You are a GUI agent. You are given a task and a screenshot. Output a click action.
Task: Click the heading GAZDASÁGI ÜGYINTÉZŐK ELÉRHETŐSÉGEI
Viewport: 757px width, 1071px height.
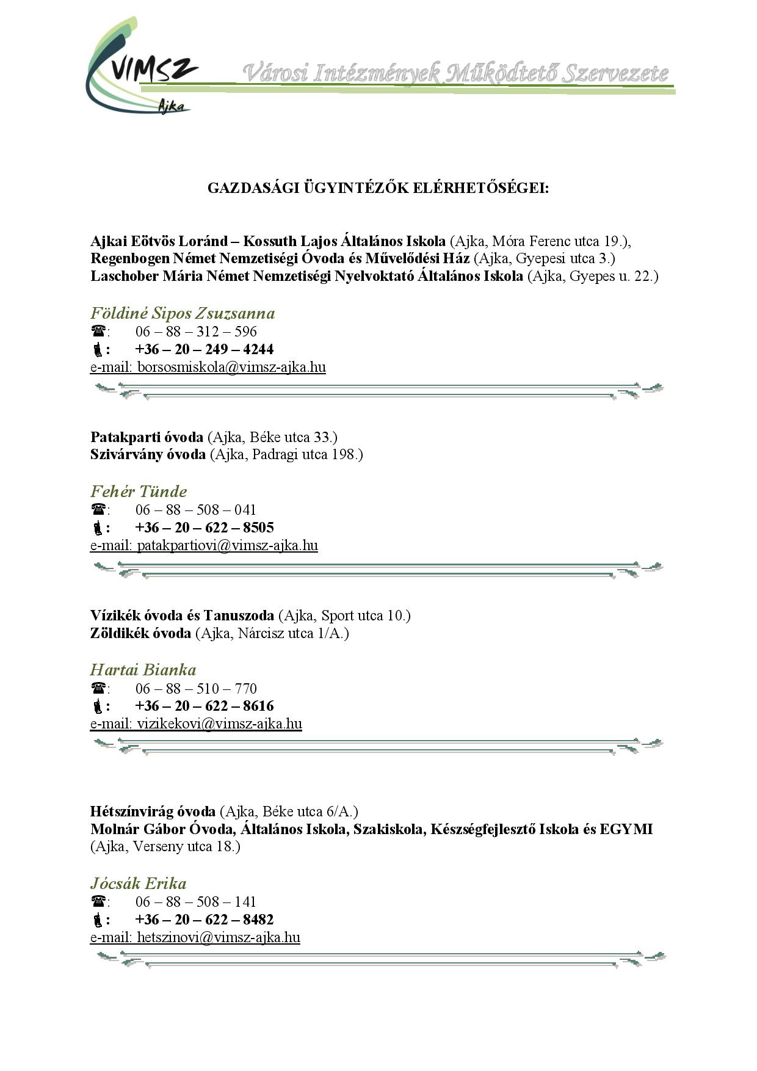click(x=378, y=187)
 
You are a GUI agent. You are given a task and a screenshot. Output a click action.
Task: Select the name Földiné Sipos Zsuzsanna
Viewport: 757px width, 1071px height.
click(x=183, y=313)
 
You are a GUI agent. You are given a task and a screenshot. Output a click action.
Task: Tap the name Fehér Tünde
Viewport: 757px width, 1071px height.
click(x=139, y=492)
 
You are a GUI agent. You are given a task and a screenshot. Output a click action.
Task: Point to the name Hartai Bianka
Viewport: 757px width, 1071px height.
click(x=143, y=670)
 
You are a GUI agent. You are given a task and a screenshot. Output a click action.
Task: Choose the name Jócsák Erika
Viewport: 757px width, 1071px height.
click(x=138, y=884)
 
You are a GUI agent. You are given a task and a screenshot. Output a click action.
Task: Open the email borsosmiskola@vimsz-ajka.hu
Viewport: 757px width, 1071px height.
click(x=231, y=368)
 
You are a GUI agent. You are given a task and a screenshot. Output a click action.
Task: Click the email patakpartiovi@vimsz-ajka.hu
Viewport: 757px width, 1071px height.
click(x=227, y=546)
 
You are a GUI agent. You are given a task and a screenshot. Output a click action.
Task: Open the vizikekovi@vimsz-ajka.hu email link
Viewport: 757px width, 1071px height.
click(x=219, y=724)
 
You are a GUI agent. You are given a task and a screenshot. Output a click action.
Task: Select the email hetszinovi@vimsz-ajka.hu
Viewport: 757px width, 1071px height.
click(x=219, y=938)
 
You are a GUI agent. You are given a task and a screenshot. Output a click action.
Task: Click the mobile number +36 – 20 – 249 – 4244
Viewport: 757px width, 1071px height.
click(x=204, y=350)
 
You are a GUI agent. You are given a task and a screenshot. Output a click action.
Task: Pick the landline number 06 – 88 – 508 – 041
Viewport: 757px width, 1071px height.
click(x=196, y=510)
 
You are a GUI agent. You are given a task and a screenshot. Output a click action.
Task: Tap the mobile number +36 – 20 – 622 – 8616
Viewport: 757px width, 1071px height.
click(x=204, y=706)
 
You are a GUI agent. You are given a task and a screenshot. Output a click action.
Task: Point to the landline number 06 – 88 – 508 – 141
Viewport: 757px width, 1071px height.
click(x=196, y=902)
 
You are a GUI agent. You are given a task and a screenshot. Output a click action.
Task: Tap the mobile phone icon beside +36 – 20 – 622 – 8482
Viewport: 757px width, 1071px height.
click(x=97, y=920)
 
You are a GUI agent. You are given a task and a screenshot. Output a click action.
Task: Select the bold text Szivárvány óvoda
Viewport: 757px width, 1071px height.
click(x=148, y=454)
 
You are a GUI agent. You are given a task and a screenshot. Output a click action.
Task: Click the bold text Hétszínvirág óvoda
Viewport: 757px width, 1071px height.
click(x=153, y=811)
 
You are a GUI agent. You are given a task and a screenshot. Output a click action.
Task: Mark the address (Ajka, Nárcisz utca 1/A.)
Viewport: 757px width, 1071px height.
click(x=272, y=633)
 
